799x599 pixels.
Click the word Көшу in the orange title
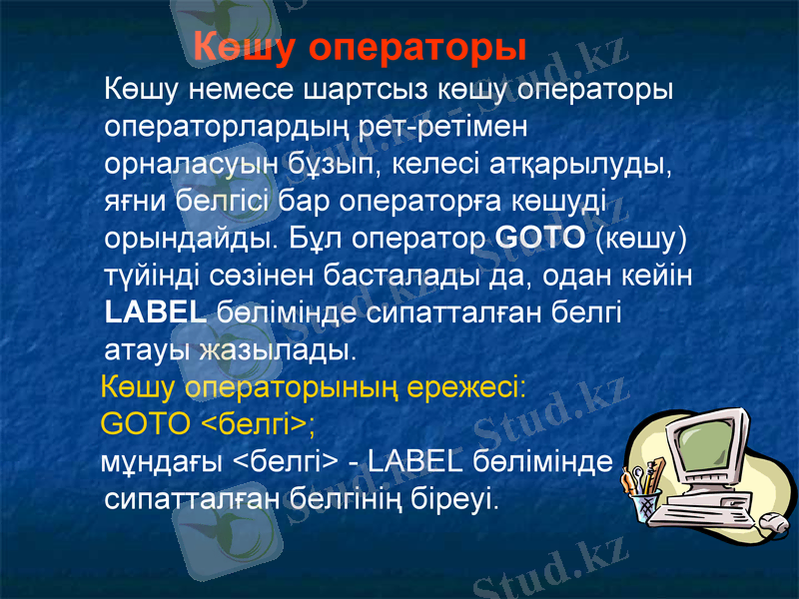[243, 47]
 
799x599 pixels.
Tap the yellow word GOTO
[146, 424]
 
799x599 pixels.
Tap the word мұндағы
[164, 462]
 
